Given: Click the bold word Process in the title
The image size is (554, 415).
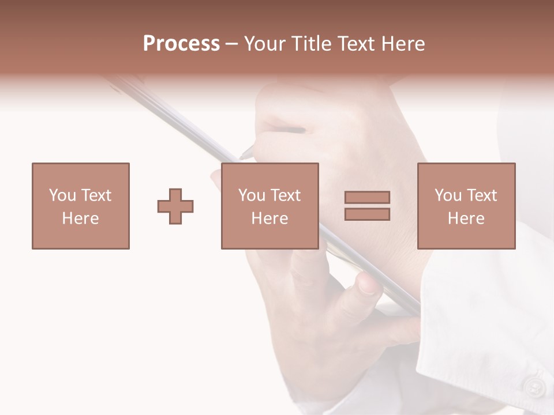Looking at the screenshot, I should click(181, 44).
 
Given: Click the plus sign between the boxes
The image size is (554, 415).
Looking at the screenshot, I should click(175, 206).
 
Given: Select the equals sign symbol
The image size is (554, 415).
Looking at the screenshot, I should click(367, 206).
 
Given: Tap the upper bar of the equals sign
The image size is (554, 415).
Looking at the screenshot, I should click(367, 198).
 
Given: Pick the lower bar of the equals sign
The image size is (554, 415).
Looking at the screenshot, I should click(367, 214).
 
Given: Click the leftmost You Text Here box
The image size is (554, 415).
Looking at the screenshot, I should click(81, 206).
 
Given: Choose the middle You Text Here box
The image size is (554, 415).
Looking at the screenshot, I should click(269, 206).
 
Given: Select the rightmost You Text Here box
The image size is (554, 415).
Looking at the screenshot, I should click(466, 206).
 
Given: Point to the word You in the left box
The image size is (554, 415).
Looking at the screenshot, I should click(62, 195).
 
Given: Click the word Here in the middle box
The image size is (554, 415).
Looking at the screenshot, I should click(269, 218).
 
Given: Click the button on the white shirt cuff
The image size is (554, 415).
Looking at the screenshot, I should click(534, 387).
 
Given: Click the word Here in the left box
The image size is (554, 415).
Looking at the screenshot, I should click(81, 218).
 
